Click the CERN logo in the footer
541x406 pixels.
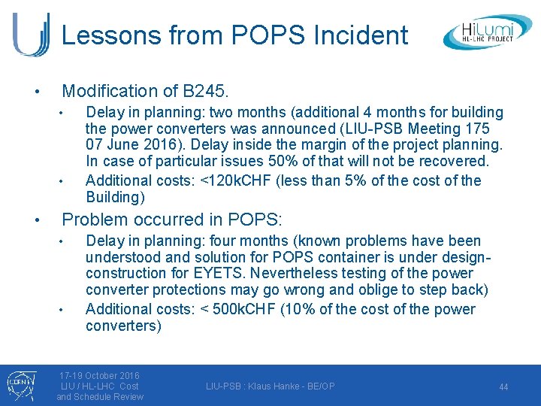point(17,384)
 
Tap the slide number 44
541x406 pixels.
point(503,387)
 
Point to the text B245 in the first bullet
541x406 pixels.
point(203,92)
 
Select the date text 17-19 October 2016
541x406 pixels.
point(100,375)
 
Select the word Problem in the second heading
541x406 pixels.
point(95,220)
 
